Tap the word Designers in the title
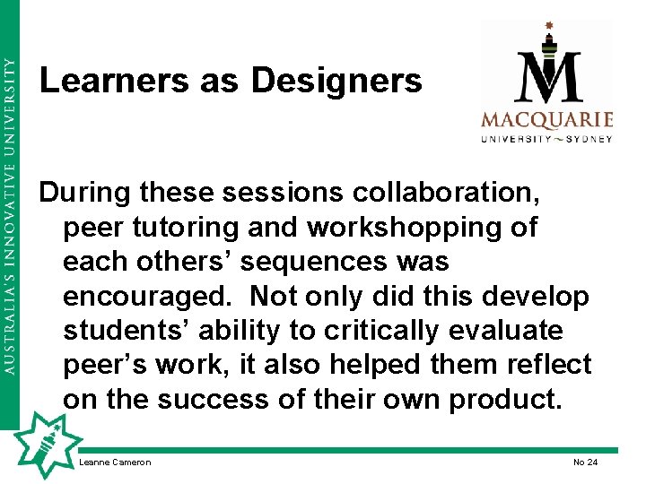pos(336,82)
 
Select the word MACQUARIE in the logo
pos(546,120)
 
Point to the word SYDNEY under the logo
pos(588,139)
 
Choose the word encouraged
pos(148,296)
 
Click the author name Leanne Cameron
pos(115,462)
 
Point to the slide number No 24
pos(585,462)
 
